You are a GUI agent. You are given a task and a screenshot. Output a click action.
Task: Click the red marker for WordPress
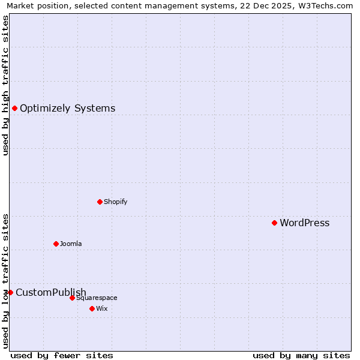pyautogui.click(x=274, y=223)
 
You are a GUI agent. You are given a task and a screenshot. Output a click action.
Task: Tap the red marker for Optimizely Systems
pyautogui.click(x=14, y=108)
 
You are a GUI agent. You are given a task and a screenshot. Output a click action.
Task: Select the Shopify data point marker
pyautogui.click(x=100, y=202)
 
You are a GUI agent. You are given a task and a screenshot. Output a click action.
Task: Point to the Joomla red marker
pyautogui.click(x=56, y=244)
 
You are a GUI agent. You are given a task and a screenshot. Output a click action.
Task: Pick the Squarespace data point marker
pyautogui.click(x=72, y=298)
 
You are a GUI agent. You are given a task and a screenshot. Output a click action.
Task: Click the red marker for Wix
pyautogui.click(x=92, y=308)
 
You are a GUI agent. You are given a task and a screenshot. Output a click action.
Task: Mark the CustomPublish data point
pyautogui.click(x=10, y=292)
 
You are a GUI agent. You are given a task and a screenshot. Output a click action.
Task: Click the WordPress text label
pyautogui.click(x=304, y=223)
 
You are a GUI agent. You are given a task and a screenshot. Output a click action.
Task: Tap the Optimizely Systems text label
pyautogui.click(x=67, y=109)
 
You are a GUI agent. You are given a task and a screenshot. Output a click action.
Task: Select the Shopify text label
pyautogui.click(x=115, y=202)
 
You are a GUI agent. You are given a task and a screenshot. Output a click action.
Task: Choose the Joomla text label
pyautogui.click(x=71, y=244)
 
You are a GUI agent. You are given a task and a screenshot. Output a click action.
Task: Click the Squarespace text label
pyautogui.click(x=97, y=298)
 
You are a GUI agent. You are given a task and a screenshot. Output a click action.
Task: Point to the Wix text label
pyautogui.click(x=101, y=309)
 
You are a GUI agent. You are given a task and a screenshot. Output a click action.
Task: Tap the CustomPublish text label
pyautogui.click(x=51, y=293)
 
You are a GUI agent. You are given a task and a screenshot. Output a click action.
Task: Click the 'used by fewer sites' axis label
pyautogui.click(x=62, y=355)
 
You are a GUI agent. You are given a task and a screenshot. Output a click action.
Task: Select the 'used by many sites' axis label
pyautogui.click(x=301, y=355)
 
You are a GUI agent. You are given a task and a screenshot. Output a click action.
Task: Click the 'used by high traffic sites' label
pyautogui.click(x=5, y=85)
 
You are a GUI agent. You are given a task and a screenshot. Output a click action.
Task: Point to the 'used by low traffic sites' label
pyautogui.click(x=5, y=280)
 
